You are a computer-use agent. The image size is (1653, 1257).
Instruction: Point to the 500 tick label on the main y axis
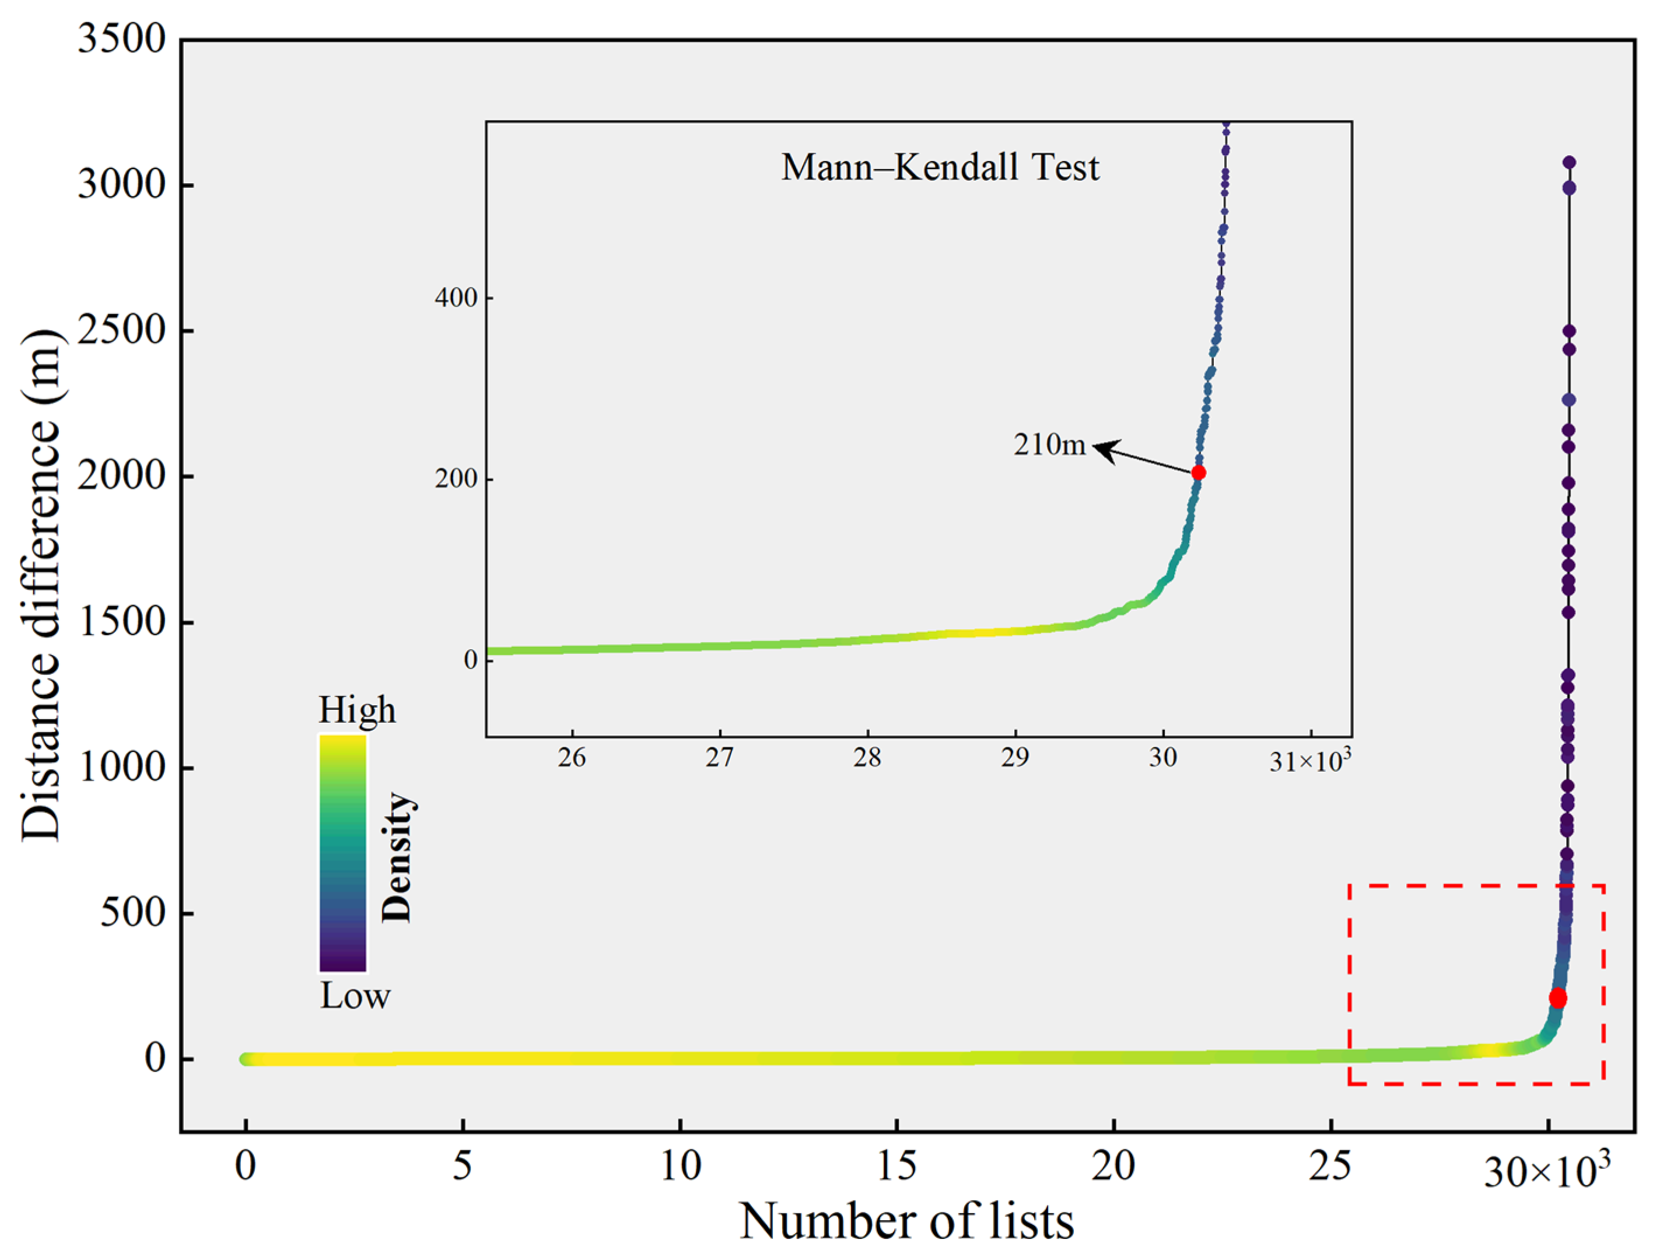coord(132,912)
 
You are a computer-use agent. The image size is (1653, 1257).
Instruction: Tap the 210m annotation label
coord(1049,444)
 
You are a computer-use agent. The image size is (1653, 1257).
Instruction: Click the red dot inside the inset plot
coord(1198,472)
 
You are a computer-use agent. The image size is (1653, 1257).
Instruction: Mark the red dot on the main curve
coord(1557,998)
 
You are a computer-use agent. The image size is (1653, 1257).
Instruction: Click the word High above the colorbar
coord(357,709)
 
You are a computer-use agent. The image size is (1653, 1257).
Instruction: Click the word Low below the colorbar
coord(355,996)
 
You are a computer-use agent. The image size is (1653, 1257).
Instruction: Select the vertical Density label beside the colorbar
coord(397,857)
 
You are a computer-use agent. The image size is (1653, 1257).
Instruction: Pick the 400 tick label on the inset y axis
coord(456,298)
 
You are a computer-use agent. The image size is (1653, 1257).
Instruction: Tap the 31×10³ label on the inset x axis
coord(1309,761)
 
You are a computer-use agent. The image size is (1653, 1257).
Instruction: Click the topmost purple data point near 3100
coord(1568,162)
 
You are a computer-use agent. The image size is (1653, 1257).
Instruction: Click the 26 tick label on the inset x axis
coord(572,758)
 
